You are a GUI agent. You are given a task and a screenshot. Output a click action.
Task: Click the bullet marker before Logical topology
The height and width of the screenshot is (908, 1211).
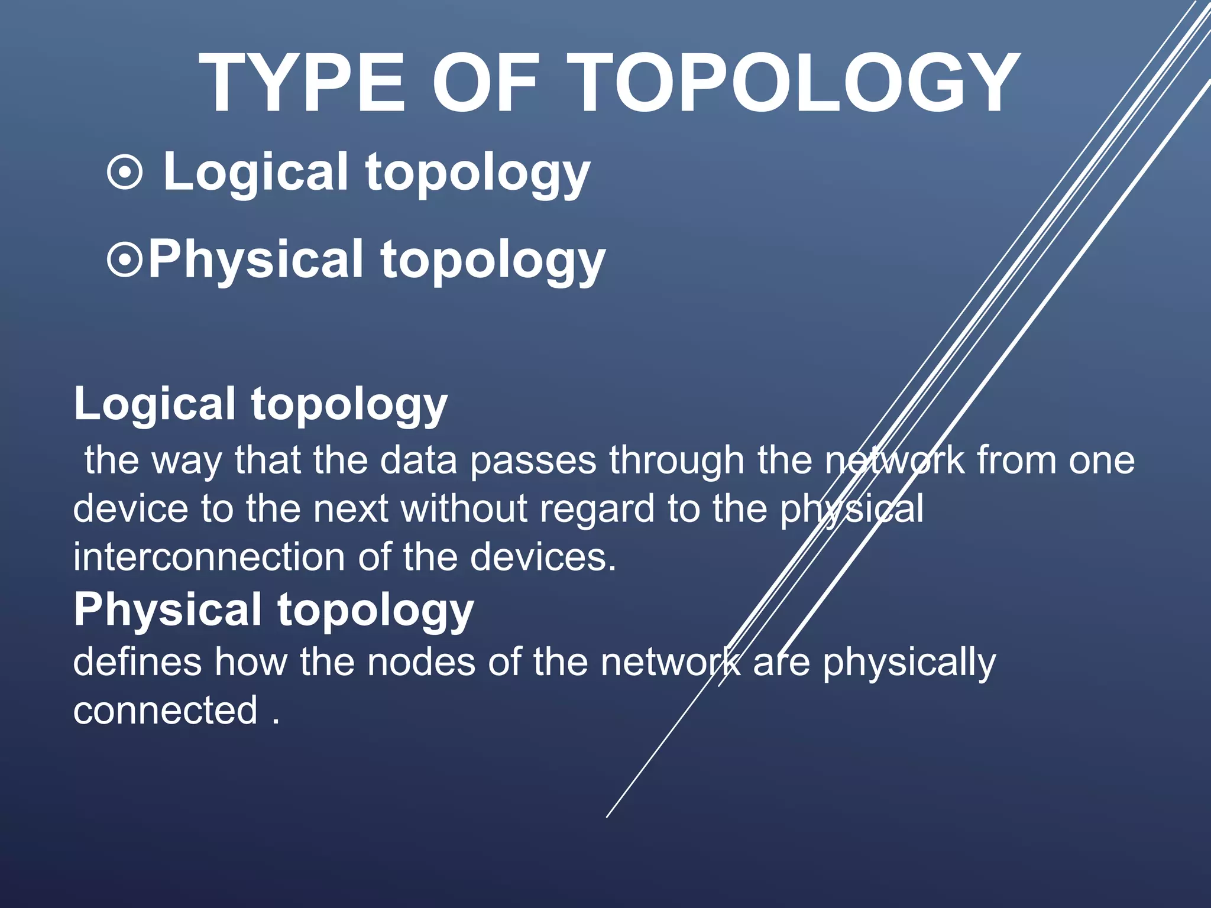click(125, 173)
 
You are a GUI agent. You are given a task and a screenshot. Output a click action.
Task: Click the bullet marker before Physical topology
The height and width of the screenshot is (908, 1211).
click(125, 260)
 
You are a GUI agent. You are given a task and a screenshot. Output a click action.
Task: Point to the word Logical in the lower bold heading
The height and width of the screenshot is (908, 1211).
click(155, 404)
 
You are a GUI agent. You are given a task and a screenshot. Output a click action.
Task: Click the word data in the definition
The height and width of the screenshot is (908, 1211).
click(418, 461)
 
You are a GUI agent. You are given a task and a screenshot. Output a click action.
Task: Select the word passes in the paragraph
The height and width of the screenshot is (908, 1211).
click(533, 461)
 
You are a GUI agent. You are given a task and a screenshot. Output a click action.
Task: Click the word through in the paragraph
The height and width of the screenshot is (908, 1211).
click(676, 462)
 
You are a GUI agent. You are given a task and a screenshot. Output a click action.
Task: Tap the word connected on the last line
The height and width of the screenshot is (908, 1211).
click(166, 711)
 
